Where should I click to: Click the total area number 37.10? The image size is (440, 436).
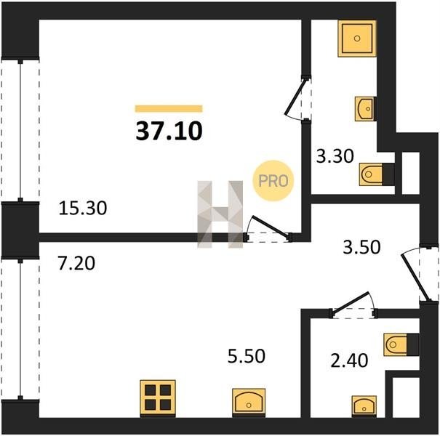[x=169, y=132]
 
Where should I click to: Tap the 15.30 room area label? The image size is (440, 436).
[x=83, y=209]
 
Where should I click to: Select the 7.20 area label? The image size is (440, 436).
[x=76, y=264]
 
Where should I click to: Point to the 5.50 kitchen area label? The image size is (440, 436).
[x=246, y=356]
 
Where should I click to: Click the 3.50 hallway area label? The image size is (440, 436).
[x=361, y=247]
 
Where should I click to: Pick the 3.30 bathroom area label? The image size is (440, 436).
[x=335, y=156]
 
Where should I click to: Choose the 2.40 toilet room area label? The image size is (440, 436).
[x=349, y=360]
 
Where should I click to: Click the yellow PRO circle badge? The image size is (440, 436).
[x=273, y=180]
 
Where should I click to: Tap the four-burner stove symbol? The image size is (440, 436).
[x=158, y=397]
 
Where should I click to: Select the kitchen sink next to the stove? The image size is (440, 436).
[x=249, y=401]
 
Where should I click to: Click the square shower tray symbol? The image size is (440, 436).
[x=357, y=39]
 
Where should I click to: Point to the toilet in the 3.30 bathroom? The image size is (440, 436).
[x=377, y=174]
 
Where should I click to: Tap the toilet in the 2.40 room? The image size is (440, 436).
[x=401, y=345]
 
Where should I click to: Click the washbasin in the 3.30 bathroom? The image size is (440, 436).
[x=365, y=109]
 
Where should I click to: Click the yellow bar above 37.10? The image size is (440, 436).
[x=169, y=108]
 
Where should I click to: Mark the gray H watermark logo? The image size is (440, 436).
[x=220, y=214]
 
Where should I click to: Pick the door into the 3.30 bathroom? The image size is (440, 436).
[x=295, y=97]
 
